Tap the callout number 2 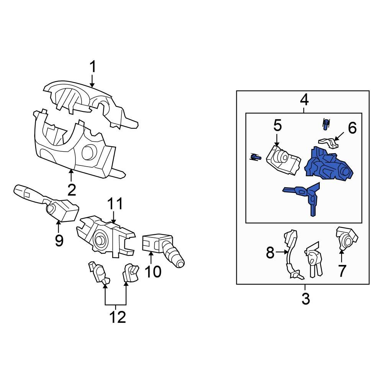[x=72, y=190]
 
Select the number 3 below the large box [x=305, y=299]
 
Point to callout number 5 [x=277, y=125]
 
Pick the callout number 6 [x=352, y=128]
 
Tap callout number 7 [x=342, y=271]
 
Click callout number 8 [x=270, y=252]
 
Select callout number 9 [x=59, y=241]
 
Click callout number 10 [x=153, y=272]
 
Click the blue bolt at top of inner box [x=326, y=123]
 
